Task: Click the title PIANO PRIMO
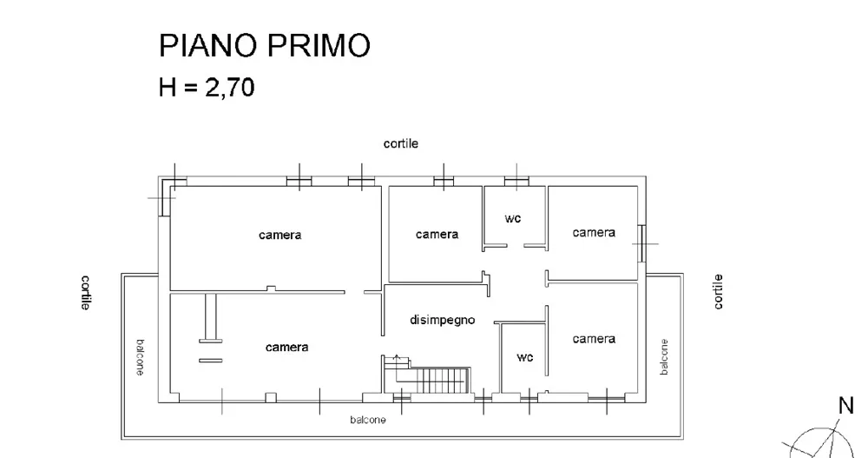click(x=264, y=45)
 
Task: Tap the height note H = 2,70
click(x=207, y=87)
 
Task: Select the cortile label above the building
click(x=401, y=143)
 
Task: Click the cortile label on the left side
click(x=86, y=292)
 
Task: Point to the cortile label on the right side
click(x=718, y=292)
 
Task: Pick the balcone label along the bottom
click(x=367, y=420)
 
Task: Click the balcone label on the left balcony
click(x=141, y=357)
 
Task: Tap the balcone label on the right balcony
click(x=664, y=357)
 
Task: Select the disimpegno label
click(x=443, y=320)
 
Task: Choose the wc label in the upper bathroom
click(x=513, y=218)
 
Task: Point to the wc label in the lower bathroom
click(x=525, y=357)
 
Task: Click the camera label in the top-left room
click(x=280, y=235)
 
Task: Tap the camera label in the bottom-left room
click(x=286, y=347)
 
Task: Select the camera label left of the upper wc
click(x=437, y=235)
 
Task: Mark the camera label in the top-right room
click(x=594, y=232)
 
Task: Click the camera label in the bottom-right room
click(x=594, y=339)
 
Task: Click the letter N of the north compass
click(x=845, y=406)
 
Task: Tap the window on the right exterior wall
click(x=641, y=243)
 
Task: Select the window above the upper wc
click(x=516, y=181)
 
